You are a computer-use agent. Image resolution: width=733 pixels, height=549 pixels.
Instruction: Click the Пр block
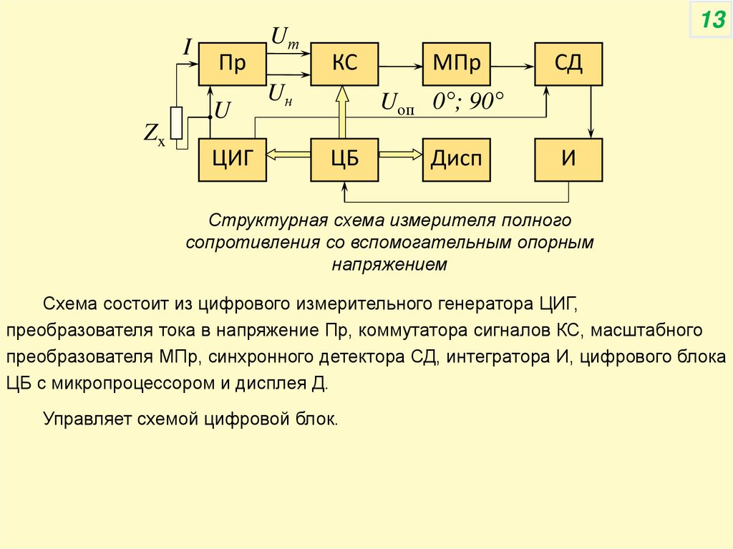tap(232, 63)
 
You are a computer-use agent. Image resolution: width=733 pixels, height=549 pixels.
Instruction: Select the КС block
tap(344, 63)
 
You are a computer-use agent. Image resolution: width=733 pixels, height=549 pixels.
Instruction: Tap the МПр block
tap(456, 63)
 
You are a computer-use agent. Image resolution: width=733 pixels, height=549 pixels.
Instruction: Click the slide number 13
tap(712, 21)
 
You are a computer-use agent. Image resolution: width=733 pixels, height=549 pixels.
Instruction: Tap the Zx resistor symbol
tap(176, 122)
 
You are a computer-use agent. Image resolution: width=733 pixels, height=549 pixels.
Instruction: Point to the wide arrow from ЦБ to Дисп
tap(400, 153)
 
